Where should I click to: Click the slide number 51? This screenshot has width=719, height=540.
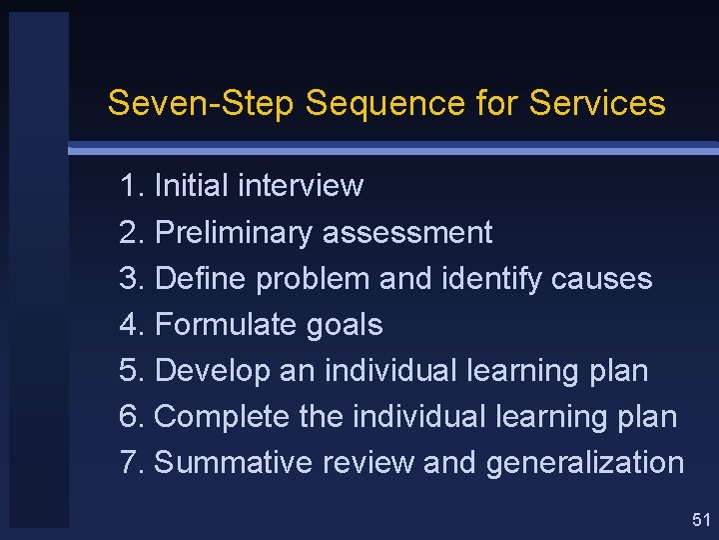click(700, 519)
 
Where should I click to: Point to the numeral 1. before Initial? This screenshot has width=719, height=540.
click(132, 186)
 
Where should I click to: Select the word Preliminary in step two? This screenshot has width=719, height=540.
click(235, 233)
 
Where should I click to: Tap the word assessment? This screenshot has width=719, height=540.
click(407, 233)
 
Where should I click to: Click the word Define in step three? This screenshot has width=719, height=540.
click(202, 279)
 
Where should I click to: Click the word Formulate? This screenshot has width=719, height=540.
click(230, 325)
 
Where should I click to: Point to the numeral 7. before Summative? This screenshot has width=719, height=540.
click(132, 463)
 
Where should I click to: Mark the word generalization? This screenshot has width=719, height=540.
click(584, 463)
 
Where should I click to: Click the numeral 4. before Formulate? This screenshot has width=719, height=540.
click(132, 325)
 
